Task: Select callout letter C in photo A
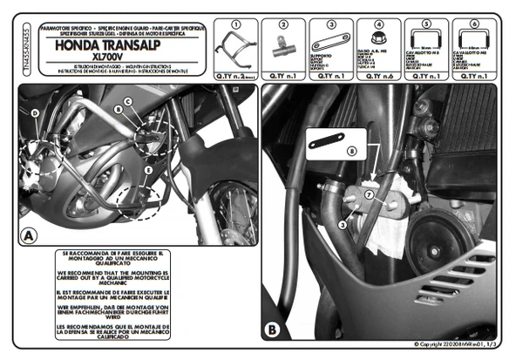[127, 101]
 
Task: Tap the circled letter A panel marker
[28, 235]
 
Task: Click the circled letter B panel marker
[271, 329]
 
